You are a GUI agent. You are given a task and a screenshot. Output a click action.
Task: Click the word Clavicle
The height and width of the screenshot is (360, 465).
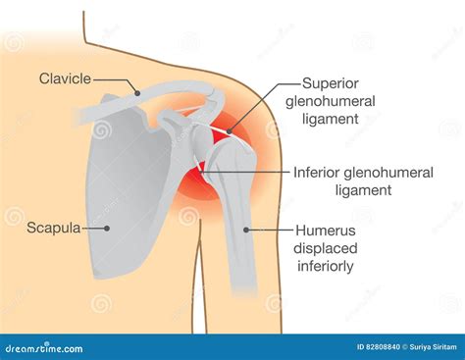click(66, 77)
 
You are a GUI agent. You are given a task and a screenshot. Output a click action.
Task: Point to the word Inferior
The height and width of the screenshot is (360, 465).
click(320, 172)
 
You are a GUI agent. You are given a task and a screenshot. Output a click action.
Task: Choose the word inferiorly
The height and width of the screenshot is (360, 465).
click(326, 266)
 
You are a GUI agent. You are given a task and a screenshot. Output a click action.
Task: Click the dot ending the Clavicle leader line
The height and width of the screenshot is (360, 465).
click(138, 93)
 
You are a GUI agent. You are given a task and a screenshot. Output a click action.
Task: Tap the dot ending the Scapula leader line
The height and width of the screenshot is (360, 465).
click(108, 229)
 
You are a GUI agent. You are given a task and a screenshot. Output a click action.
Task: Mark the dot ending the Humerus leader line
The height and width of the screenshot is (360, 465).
click(246, 230)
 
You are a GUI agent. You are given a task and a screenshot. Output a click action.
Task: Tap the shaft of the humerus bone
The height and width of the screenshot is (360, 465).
click(240, 245)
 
